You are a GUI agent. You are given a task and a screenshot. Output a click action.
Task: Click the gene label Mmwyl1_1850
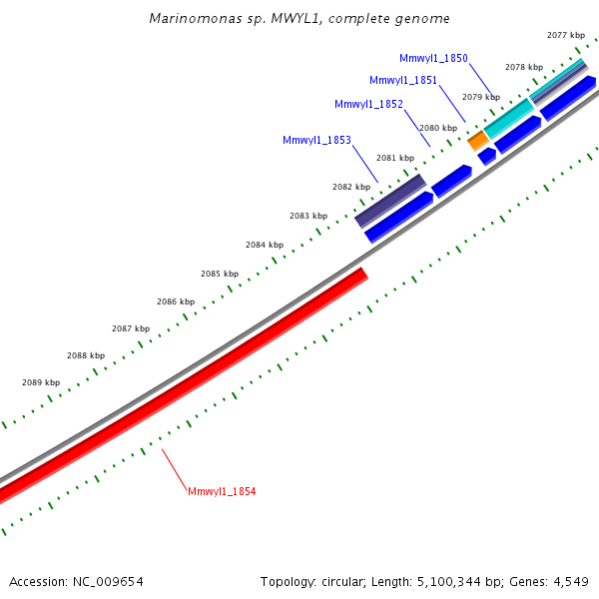pyautogui.click(x=433, y=59)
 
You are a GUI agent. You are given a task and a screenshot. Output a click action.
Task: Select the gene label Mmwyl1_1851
pyautogui.click(x=402, y=81)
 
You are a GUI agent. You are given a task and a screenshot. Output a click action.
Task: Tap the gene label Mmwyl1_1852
pyautogui.click(x=368, y=104)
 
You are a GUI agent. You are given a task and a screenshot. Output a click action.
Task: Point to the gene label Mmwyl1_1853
pyautogui.click(x=316, y=141)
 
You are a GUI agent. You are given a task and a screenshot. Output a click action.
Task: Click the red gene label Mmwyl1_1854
pyautogui.click(x=222, y=492)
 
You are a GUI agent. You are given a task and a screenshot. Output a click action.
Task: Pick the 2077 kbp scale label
pyautogui.click(x=566, y=35)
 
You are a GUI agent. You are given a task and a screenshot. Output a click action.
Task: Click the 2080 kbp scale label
pyautogui.click(x=438, y=128)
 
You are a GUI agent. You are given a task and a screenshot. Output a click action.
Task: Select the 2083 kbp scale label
pyautogui.click(x=308, y=216)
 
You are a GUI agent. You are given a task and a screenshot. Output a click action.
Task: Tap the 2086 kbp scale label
pyautogui.click(x=176, y=301)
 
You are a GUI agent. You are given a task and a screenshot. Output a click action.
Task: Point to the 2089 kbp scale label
pyautogui.click(x=41, y=382)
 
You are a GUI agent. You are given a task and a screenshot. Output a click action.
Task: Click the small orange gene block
pyautogui.click(x=477, y=139)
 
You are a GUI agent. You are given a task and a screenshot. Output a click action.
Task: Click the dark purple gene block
pyautogui.click(x=391, y=201)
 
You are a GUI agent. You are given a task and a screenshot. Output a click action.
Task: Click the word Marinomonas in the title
pyautogui.click(x=185, y=19)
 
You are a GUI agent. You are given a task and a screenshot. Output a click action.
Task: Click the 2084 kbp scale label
pyautogui.click(x=265, y=245)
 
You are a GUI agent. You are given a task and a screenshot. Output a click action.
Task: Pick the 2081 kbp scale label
pyautogui.click(x=395, y=158)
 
